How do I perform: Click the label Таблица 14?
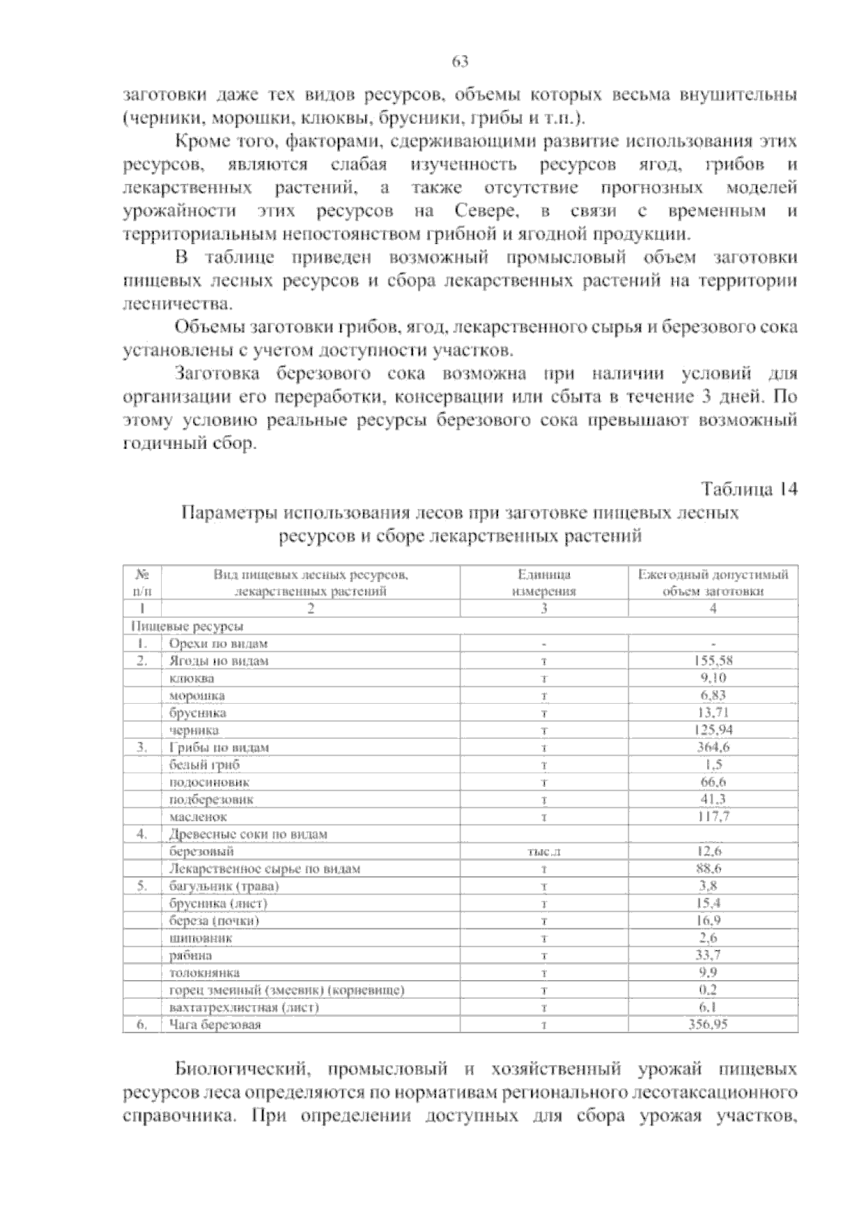tap(749, 490)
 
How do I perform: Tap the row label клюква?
tap(191, 678)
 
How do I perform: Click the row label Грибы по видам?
tap(219, 747)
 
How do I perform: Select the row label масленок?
tap(198, 817)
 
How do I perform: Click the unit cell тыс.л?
tap(544, 852)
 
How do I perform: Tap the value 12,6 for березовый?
tap(709, 851)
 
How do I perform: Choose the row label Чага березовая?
tap(215, 1025)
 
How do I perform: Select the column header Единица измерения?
tap(544, 583)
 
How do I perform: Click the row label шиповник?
tap(200, 938)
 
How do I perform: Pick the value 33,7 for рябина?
tap(709, 955)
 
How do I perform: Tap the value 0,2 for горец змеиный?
tap(709, 990)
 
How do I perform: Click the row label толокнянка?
tap(204, 973)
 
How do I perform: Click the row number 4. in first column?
tap(142, 834)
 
